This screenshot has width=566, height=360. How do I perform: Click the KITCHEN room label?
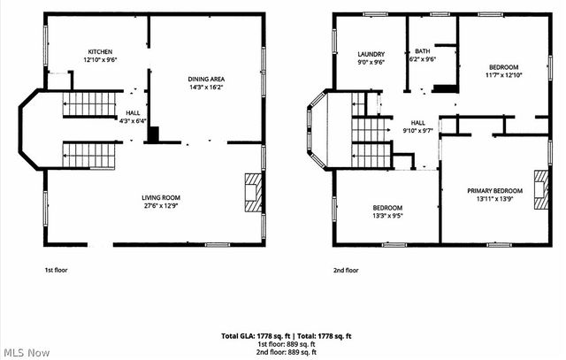100,51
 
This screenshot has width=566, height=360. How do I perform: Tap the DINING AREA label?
205,80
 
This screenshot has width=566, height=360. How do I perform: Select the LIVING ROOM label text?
161,197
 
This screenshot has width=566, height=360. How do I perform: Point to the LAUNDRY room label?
371,55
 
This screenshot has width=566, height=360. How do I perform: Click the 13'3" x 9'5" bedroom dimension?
387,215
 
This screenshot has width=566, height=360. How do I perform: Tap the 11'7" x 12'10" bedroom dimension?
503,75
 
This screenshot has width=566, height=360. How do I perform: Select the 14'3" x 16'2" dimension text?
205,88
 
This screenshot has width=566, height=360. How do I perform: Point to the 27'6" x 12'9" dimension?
161,205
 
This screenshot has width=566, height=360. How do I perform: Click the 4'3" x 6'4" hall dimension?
132,121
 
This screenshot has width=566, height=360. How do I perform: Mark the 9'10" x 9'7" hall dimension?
418,130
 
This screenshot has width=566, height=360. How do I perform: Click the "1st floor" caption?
54,270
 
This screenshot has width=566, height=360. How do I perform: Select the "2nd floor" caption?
346,270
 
